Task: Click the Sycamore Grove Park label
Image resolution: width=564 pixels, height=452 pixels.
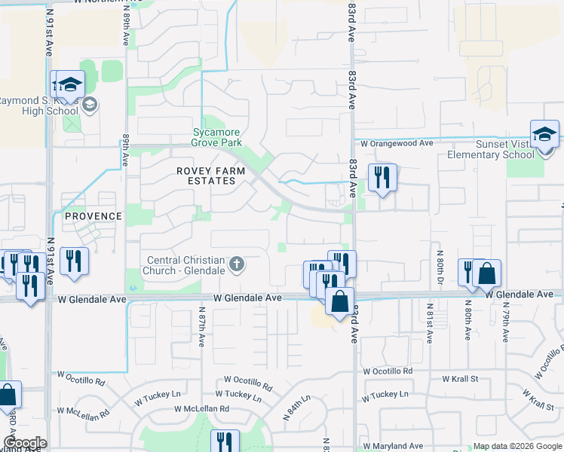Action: click(216, 136)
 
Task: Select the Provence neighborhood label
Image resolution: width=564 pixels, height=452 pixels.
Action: click(93, 216)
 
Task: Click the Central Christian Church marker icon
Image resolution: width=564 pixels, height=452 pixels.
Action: click(237, 264)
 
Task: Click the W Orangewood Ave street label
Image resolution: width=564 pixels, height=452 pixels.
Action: click(397, 143)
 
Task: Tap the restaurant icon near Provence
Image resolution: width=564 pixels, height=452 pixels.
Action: click(74, 261)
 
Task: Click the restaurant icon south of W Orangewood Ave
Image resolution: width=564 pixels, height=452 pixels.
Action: click(382, 178)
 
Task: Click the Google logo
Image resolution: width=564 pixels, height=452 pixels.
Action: click(24, 443)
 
